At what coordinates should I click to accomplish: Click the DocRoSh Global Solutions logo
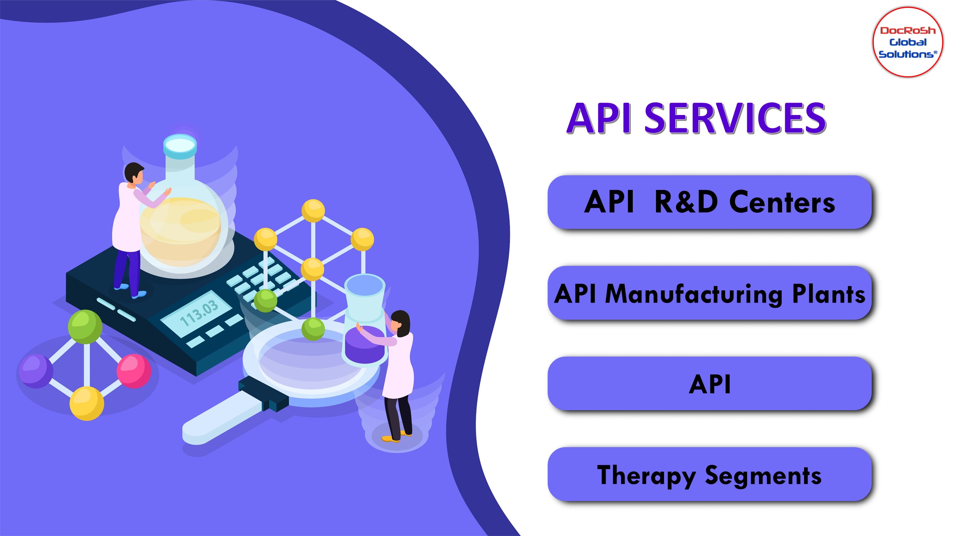(x=907, y=42)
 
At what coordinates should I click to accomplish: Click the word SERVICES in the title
(x=735, y=118)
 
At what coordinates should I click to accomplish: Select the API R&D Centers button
(x=709, y=202)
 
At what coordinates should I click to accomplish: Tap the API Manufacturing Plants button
(x=709, y=293)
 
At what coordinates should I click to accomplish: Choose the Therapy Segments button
(x=709, y=475)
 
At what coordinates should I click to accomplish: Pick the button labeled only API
(x=709, y=384)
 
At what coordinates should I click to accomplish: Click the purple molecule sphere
(x=36, y=370)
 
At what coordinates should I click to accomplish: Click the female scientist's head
(x=401, y=322)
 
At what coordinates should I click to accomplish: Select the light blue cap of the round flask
(x=180, y=146)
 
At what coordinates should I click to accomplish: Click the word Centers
(x=782, y=203)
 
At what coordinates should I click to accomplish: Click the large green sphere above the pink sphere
(x=85, y=326)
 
